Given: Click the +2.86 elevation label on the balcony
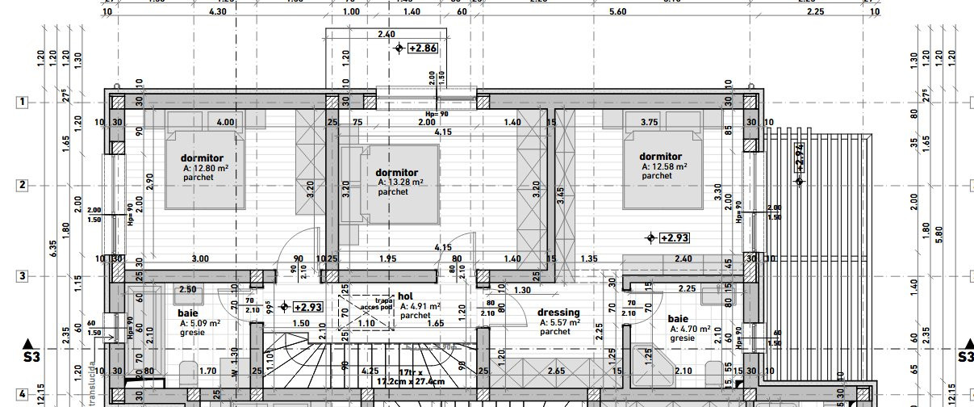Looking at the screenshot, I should [x=423, y=48].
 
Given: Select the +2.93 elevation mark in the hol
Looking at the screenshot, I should [x=307, y=307].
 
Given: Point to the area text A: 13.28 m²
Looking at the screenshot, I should [x=401, y=183].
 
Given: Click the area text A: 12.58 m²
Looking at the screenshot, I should [x=664, y=166].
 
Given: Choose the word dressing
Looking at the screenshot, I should [x=558, y=313].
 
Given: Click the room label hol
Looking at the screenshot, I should [x=405, y=296].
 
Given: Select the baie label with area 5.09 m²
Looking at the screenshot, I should [x=188, y=313].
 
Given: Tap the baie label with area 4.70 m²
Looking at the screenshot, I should [x=678, y=318].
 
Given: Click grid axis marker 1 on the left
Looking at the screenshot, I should [x=23, y=102].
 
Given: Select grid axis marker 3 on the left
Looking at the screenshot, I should [x=23, y=276].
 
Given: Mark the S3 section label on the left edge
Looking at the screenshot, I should [x=31, y=356].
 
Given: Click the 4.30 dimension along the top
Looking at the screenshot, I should [x=218, y=12].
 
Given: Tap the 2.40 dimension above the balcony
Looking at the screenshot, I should [x=386, y=35].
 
